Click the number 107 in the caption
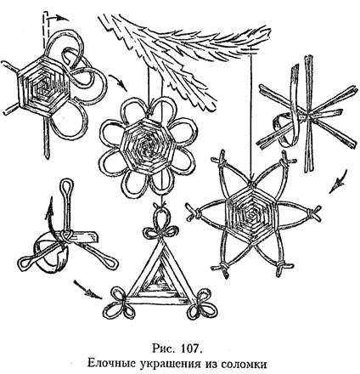190,348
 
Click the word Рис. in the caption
162,348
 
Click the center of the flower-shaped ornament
147,146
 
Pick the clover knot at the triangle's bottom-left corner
117,301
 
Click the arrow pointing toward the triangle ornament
87,290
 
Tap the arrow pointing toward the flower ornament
118,82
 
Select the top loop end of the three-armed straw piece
67,186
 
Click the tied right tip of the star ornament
313,214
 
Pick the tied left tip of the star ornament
194,212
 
